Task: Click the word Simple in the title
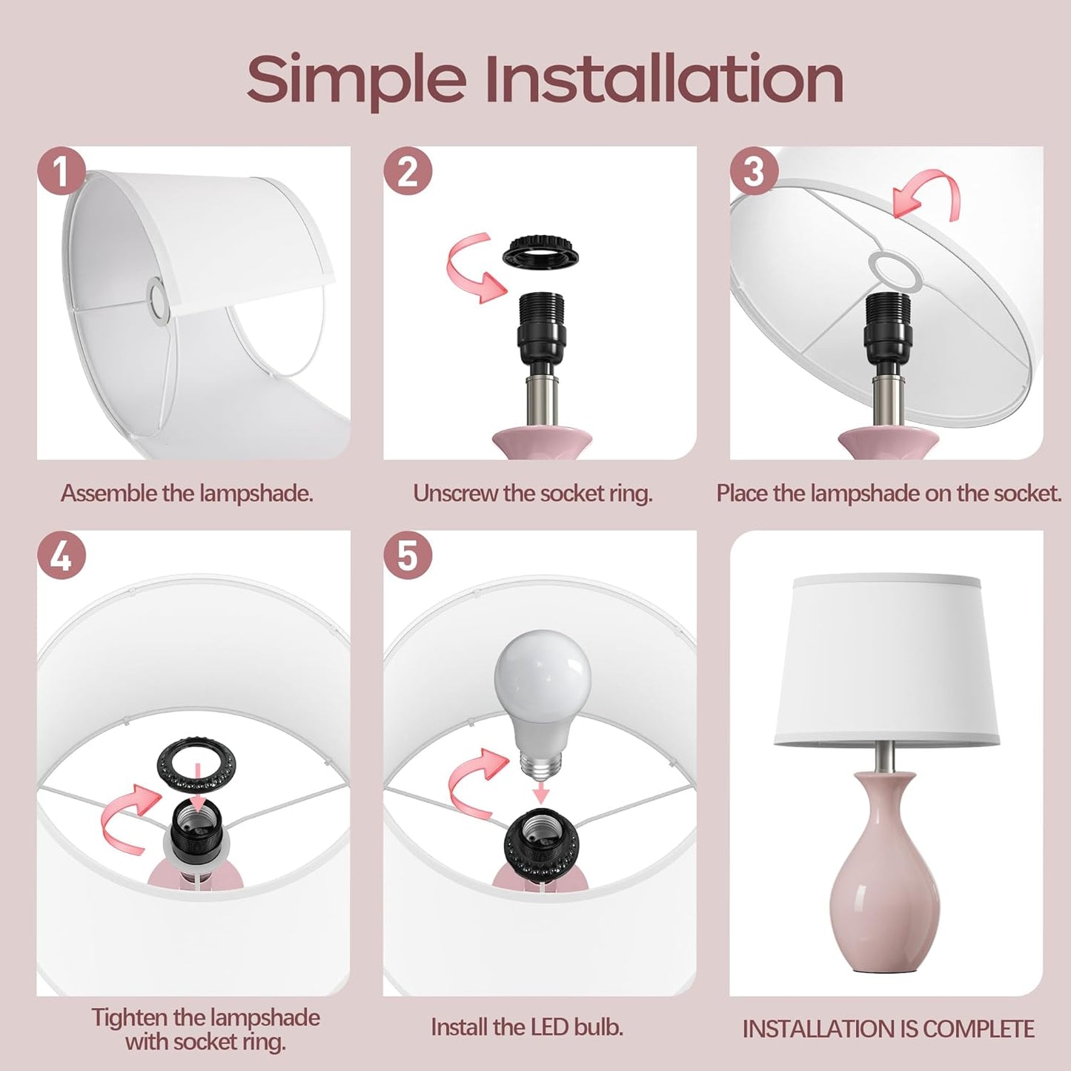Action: coord(357,79)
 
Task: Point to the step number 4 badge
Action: coord(62,555)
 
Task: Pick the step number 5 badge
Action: coord(408,555)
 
